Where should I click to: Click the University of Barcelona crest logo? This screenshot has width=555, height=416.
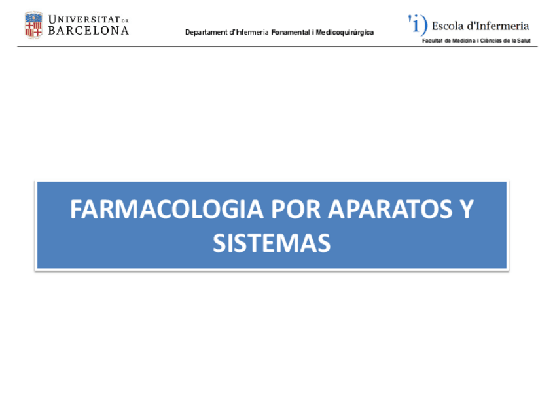pos(33,24)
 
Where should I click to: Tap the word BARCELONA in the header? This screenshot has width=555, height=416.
pos(88,30)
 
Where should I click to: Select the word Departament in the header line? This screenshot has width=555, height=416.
pos(205,33)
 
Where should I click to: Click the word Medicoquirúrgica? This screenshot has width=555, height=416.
pos(344,33)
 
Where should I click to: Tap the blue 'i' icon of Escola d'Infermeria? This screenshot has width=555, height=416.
pos(418,25)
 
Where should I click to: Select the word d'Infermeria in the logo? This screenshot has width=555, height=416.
pos(497,26)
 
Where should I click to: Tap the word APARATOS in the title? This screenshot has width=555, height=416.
pos(385,210)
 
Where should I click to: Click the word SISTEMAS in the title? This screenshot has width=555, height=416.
pos(271,243)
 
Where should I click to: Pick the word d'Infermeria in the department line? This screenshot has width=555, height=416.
pos(251,33)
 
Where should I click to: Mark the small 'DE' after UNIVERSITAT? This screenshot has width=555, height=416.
pos(126,20)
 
